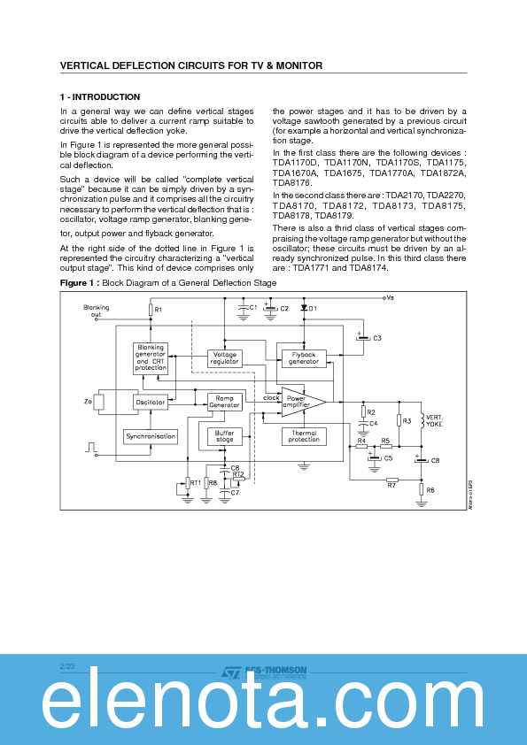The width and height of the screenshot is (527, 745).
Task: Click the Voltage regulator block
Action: point(225,357)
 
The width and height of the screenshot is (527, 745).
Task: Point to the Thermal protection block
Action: point(303,435)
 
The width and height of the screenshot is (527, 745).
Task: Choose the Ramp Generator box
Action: point(225,402)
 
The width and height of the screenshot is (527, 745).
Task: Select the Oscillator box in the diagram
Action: point(151,402)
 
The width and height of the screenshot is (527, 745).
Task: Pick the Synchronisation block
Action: point(151,436)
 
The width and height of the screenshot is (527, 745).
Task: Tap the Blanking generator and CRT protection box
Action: point(151,357)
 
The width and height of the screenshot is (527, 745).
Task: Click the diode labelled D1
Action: point(303,308)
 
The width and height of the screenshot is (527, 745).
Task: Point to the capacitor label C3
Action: point(376,338)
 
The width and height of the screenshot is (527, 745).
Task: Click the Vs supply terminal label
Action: point(388,298)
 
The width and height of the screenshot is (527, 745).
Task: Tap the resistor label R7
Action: point(391,485)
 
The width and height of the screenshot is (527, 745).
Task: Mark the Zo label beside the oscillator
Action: point(88,402)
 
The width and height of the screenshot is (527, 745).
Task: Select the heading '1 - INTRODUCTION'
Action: point(100,96)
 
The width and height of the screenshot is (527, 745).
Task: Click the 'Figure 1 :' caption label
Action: point(80,282)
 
